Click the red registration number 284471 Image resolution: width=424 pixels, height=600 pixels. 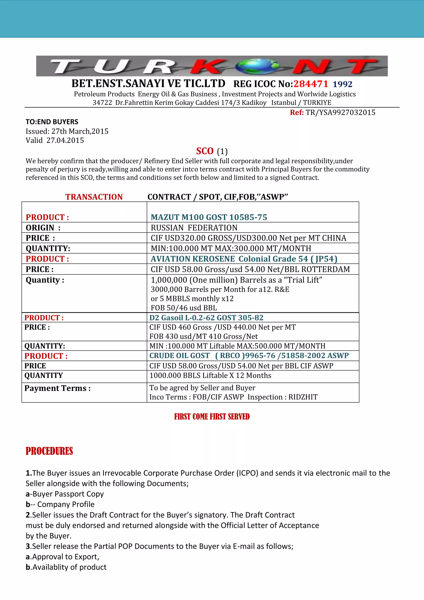point(311,84)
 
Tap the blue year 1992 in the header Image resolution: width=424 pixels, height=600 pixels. point(342,84)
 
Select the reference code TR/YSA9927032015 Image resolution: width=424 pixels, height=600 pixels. point(340,112)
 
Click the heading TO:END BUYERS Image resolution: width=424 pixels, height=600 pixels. point(52,122)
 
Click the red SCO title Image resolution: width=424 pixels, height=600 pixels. point(205,151)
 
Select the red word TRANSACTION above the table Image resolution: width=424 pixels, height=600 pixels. point(94,197)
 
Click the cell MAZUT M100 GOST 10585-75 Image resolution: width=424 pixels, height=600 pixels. point(209,217)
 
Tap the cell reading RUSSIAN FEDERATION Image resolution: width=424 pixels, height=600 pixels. point(194,228)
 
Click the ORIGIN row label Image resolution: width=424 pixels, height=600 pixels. point(43,228)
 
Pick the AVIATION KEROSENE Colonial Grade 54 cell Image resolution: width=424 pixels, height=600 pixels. point(244,259)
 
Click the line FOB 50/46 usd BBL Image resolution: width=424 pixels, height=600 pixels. point(184,308)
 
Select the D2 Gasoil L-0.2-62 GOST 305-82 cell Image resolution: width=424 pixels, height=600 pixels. point(206,318)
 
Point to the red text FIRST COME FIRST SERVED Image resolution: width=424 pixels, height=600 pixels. point(212,416)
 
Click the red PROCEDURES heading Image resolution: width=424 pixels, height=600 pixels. point(49,451)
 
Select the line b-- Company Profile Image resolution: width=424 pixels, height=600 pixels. point(60,504)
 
